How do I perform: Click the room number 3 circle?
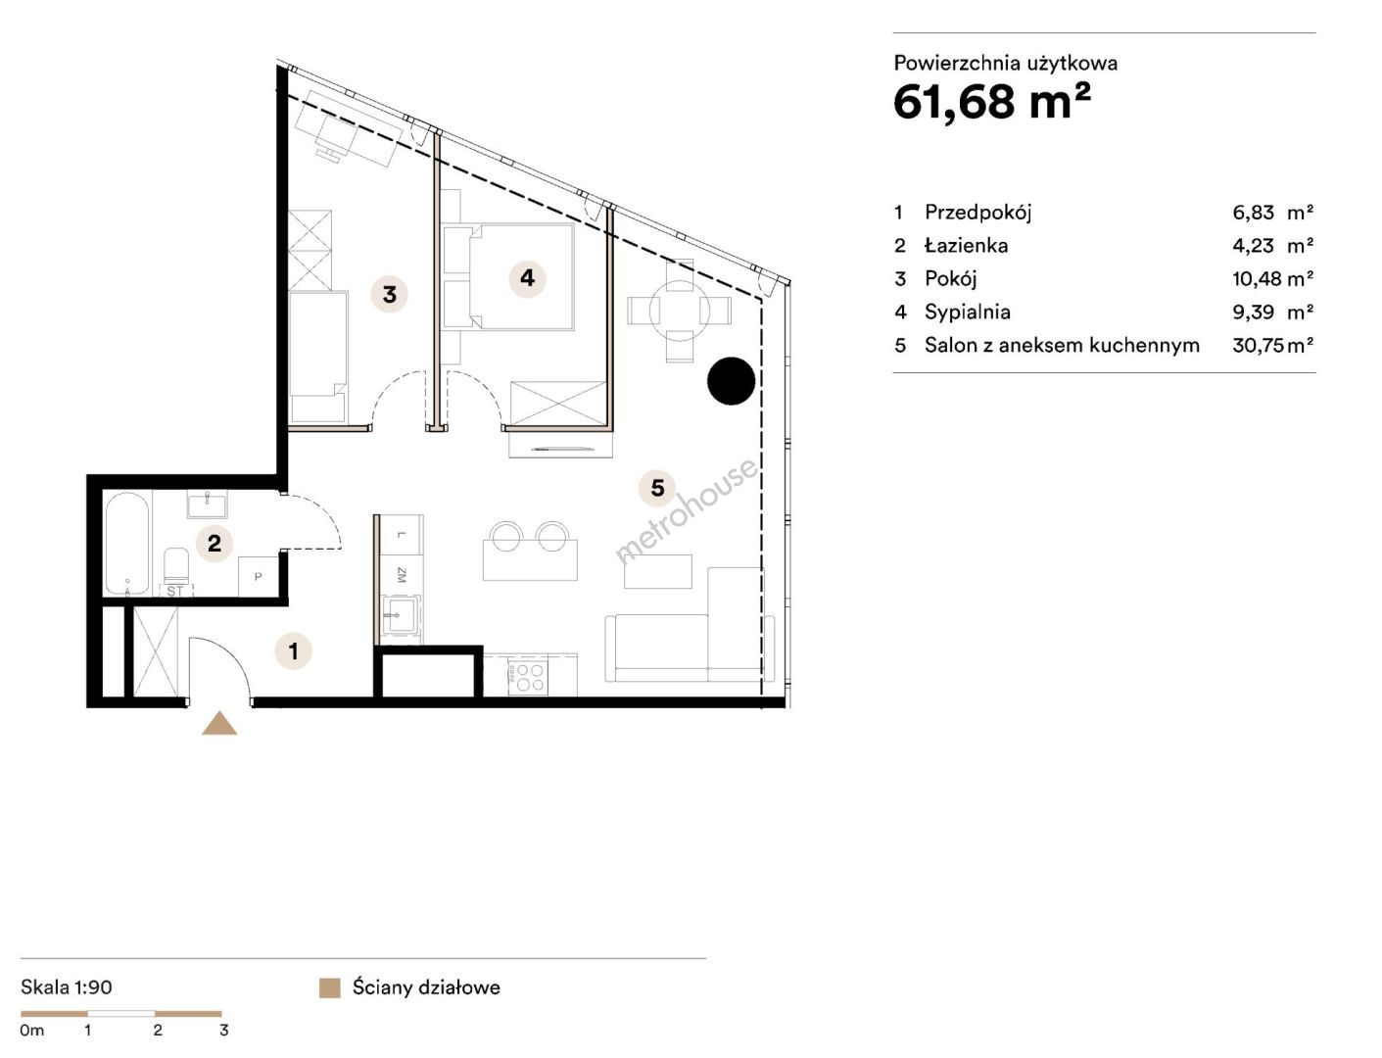(x=389, y=294)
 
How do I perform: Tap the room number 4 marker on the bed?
(x=527, y=278)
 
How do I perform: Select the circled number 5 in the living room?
(x=657, y=488)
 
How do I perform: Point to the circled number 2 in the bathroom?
(x=214, y=543)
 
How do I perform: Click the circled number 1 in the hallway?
(x=294, y=649)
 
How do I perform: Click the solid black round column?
(x=731, y=381)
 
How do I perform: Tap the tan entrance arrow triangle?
(x=219, y=723)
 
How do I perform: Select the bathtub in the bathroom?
(x=127, y=544)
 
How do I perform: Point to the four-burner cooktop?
(x=528, y=678)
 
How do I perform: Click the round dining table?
(x=680, y=311)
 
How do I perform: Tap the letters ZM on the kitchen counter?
(x=401, y=574)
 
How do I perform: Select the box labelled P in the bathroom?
(x=259, y=576)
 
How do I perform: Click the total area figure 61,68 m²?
(x=991, y=102)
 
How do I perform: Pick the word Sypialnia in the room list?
(x=967, y=312)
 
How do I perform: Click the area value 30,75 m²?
(x=1272, y=345)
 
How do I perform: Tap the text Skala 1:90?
(x=66, y=986)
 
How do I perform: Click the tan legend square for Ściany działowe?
(x=330, y=988)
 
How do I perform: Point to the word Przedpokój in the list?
(x=977, y=213)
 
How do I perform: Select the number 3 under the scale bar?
(x=223, y=1031)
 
